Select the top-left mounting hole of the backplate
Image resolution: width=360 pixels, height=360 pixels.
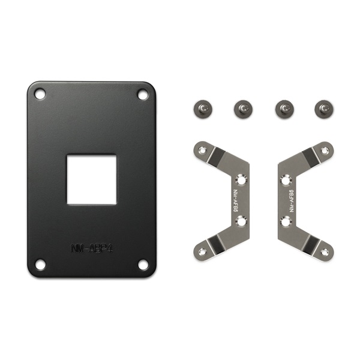(x=40, y=94)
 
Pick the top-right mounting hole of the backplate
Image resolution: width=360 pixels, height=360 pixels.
(x=142, y=94)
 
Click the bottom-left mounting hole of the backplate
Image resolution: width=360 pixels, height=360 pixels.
(x=40, y=264)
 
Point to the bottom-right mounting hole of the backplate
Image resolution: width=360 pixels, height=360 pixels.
(x=142, y=264)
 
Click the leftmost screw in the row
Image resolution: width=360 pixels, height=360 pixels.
(x=201, y=109)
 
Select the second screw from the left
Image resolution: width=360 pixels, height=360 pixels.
(x=242, y=109)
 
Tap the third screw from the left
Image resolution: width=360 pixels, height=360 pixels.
(x=282, y=109)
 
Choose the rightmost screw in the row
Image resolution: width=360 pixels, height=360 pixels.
(x=322, y=109)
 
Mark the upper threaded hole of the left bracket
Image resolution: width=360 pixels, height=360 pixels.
(x=241, y=179)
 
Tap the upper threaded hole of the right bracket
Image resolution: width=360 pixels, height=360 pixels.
(x=285, y=179)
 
